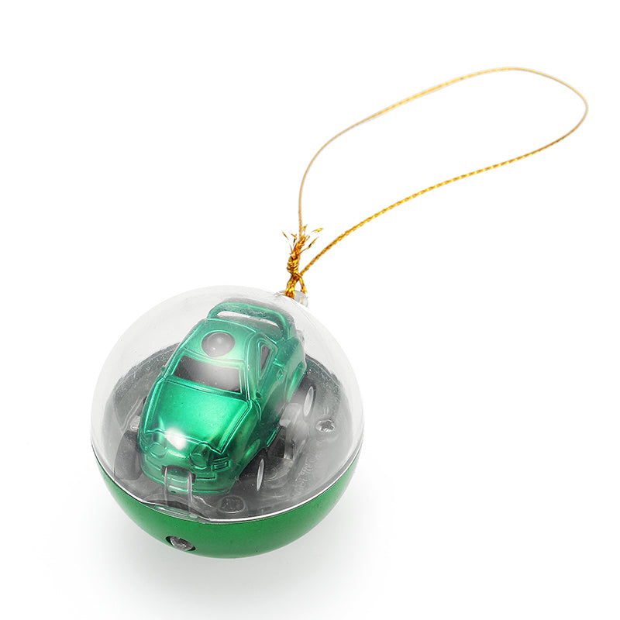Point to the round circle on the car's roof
[x=219, y=343]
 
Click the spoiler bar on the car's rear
[x=246, y=311]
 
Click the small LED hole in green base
[x=180, y=542]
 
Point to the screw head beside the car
[x=326, y=425]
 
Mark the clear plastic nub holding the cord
[x=301, y=298]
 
